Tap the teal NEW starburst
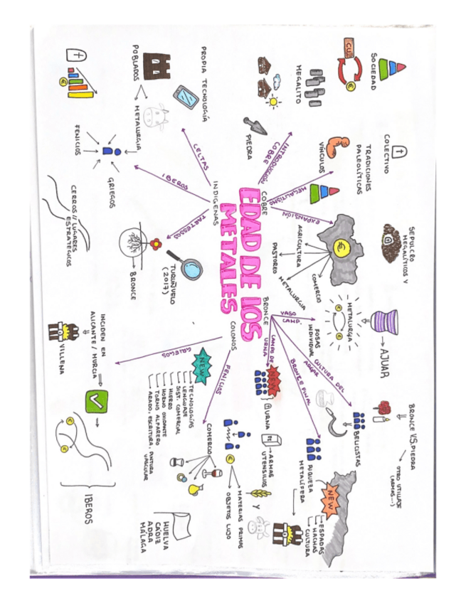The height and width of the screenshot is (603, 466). [x=206, y=364]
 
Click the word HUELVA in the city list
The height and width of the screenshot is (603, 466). [x=165, y=530]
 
